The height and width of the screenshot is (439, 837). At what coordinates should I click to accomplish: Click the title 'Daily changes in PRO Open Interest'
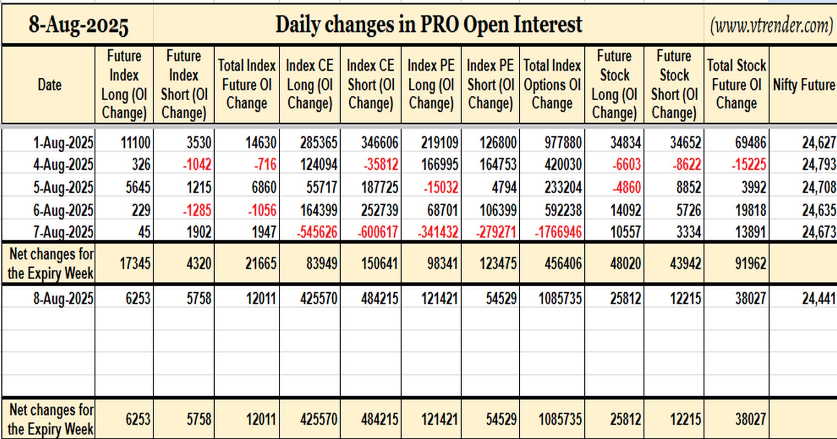pos(429,24)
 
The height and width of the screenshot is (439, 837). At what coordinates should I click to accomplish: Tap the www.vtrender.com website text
pos(771,26)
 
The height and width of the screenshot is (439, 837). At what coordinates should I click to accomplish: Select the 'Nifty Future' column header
pos(804,85)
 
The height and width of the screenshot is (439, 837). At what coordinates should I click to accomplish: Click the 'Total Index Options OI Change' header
pos(552,84)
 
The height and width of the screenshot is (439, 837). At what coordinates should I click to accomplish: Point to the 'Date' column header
pos(49,85)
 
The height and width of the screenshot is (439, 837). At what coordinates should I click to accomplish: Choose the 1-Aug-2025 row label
pos(63,143)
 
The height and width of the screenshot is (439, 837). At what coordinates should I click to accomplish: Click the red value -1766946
pos(558,232)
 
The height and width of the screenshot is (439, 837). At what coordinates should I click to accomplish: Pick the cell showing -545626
pos(317,232)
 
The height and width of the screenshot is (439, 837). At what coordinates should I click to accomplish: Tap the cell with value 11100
pos(135,143)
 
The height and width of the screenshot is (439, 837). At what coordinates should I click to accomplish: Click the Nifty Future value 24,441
pos(819,299)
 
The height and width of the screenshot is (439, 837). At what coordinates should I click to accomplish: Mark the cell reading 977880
pos(563,143)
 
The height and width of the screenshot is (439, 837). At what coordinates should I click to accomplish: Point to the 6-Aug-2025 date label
pos(63,210)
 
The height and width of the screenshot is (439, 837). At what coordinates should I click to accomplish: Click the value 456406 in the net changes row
pos(563,263)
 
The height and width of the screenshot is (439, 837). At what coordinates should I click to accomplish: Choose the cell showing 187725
pos(380,187)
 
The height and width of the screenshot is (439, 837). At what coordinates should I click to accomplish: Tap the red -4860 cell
pos(626,187)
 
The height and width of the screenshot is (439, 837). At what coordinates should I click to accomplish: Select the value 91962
pos(751,263)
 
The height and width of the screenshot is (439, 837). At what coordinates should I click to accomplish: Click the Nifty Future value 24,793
pos(819,164)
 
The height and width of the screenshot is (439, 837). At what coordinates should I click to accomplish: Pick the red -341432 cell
pos(438,232)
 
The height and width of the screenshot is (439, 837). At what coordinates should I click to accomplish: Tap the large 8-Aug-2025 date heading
pos(78,25)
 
